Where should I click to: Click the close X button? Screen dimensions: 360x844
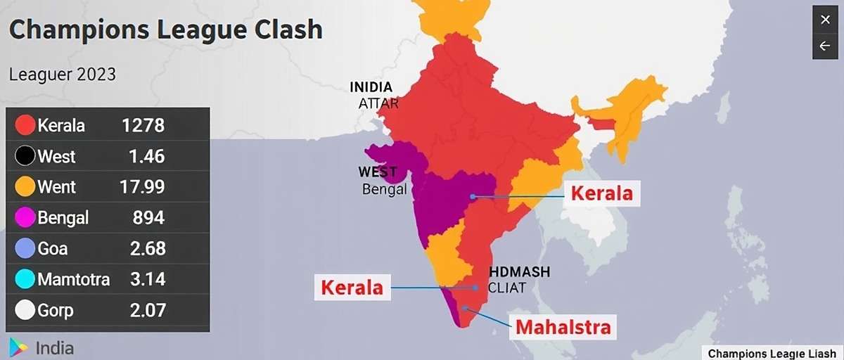825,20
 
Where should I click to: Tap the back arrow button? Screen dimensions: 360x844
825,46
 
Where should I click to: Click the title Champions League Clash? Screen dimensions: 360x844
166,30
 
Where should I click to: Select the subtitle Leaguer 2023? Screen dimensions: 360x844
63,74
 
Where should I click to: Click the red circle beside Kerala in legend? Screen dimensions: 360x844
25,126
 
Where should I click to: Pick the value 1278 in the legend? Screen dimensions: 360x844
143,126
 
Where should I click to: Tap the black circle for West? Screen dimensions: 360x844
25,156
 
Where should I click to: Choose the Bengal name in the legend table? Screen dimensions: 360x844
63,218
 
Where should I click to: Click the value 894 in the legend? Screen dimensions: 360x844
148,218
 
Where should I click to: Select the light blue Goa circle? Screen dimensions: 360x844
25,249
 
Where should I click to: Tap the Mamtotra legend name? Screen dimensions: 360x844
74,280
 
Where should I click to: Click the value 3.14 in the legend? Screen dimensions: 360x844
147,280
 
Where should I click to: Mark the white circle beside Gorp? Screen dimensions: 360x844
25,310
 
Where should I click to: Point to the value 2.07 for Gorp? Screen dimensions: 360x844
147,310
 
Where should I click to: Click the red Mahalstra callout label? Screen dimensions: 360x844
563,327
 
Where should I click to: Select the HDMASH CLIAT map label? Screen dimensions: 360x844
519,279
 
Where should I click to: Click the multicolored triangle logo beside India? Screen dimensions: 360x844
18,347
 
